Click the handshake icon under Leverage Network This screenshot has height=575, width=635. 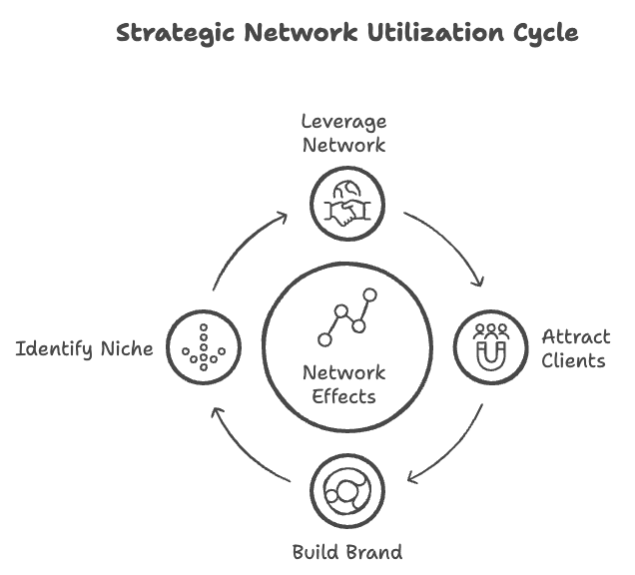pyautogui.click(x=345, y=204)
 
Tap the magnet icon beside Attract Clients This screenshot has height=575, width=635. pyautogui.click(x=489, y=346)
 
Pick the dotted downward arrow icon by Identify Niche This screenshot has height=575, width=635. pyautogui.click(x=203, y=347)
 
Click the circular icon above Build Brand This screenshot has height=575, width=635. pyautogui.click(x=346, y=491)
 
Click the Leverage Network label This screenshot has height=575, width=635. pyautogui.click(x=344, y=133)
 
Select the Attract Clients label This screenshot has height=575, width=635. pyautogui.click(x=574, y=347)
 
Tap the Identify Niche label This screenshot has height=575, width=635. pyautogui.click(x=84, y=348)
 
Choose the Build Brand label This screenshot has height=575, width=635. pyautogui.click(x=346, y=551)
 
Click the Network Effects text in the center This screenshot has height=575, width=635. pyautogui.click(x=344, y=384)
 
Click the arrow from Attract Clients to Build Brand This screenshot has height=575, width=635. pyautogui.click(x=450, y=449)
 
